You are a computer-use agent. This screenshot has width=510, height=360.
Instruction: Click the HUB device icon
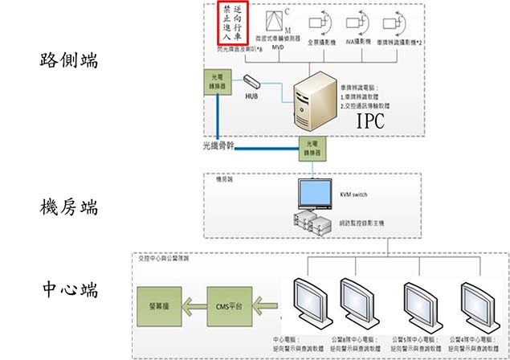(251, 83)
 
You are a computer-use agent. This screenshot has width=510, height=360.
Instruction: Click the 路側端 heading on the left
(69, 60)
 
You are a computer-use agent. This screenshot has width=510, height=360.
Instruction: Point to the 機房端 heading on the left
(69, 207)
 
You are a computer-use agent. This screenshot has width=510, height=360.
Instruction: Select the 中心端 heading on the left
(69, 288)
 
